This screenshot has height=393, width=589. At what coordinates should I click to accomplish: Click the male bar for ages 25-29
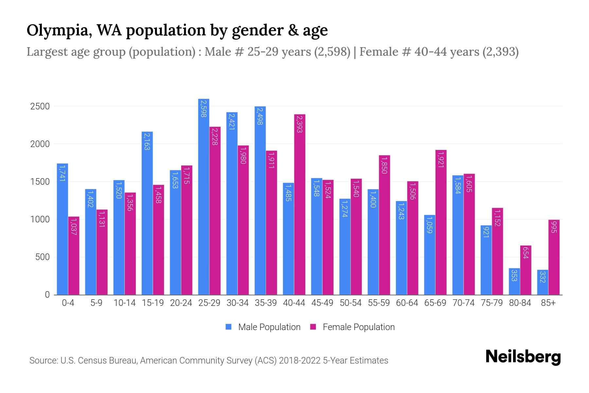[204, 196]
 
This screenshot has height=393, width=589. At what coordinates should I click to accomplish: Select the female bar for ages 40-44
[300, 205]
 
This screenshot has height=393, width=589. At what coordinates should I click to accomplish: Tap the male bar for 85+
[542, 282]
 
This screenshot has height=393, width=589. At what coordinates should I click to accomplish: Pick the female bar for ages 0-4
[74, 255]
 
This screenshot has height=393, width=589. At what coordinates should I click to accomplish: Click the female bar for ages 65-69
[441, 223]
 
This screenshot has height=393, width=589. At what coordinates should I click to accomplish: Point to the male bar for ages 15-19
[147, 213]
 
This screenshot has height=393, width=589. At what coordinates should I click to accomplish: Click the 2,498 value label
[260, 116]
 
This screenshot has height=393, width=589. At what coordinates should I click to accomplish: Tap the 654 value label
[526, 253]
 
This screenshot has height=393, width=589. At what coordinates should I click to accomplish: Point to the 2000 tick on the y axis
[40, 144]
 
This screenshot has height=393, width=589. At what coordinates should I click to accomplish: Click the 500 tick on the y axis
[42, 257]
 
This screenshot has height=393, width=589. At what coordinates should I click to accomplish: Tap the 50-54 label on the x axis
[350, 303]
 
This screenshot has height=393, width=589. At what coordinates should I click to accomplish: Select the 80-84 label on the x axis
[520, 303]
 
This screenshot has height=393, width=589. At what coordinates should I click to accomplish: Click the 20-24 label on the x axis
[181, 303]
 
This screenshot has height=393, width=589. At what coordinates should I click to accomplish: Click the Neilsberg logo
[523, 357]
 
